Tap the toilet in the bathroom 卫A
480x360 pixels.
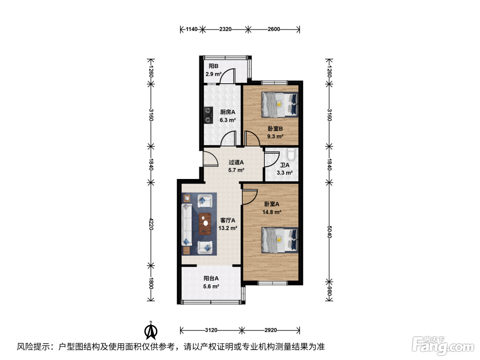point(291,154)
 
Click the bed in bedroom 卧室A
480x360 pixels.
point(280,240)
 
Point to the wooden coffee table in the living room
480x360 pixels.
point(205,224)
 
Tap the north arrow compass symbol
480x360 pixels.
point(151,331)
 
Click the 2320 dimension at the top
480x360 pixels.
point(225,29)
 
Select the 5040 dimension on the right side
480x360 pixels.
point(329,232)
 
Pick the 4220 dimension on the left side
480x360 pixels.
point(151,224)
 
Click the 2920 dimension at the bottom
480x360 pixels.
point(271,330)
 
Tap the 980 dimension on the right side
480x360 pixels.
point(329,291)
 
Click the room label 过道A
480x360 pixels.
point(236,162)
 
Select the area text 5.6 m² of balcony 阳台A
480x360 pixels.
point(211,286)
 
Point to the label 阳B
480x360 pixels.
point(214,66)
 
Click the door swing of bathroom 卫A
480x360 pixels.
point(272,159)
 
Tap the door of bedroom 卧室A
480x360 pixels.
point(250,197)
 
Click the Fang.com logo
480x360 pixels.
point(443,346)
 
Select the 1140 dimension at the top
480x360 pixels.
point(192,29)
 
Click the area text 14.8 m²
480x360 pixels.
point(272,212)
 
